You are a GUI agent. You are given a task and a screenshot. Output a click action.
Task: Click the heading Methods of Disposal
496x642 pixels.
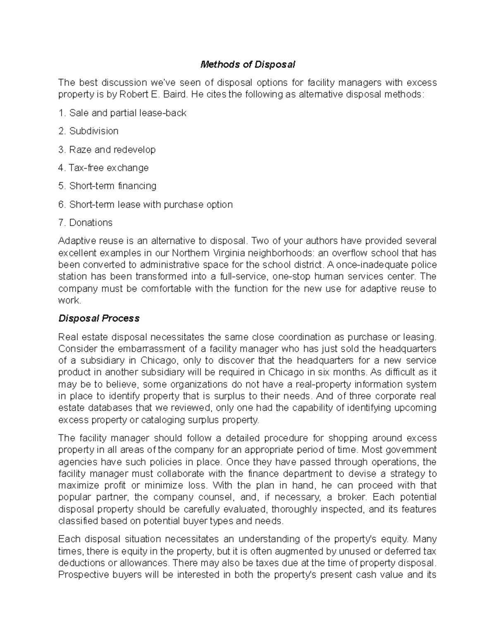(248, 64)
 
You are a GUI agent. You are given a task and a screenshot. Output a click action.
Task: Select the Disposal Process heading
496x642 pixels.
(99, 318)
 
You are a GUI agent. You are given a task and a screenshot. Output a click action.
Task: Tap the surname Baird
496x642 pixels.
(168, 94)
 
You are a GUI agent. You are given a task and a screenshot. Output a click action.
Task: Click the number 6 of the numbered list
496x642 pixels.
(62, 205)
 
